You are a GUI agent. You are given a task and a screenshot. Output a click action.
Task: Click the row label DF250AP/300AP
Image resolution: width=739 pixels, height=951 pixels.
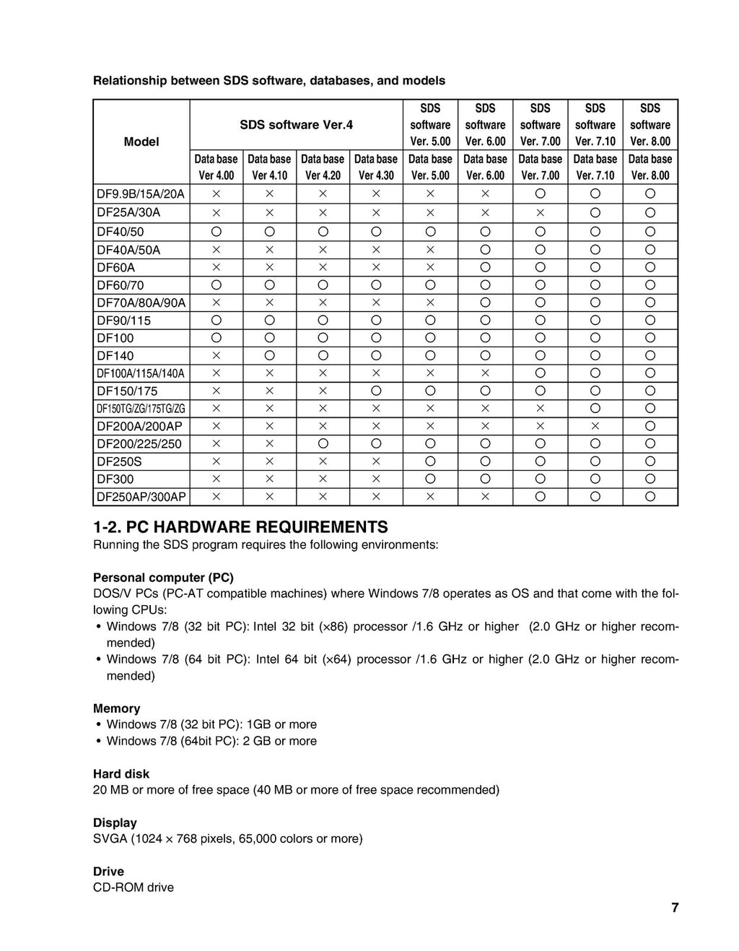(x=141, y=497)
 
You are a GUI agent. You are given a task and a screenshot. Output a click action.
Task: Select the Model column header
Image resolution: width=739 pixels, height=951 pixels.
(x=141, y=142)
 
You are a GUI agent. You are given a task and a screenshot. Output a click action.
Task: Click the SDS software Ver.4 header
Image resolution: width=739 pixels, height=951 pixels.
(x=296, y=125)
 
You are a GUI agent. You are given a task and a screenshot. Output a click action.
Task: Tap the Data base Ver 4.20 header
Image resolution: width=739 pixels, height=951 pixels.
(x=323, y=167)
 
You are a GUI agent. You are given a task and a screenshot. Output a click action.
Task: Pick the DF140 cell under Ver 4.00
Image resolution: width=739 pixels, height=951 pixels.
(x=217, y=355)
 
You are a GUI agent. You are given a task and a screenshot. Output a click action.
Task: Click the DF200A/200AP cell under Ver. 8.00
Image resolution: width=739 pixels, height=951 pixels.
(x=650, y=426)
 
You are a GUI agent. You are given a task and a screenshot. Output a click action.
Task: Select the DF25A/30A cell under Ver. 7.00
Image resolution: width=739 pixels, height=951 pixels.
(x=540, y=212)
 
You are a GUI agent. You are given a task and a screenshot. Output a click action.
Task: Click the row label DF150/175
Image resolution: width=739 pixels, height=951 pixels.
(x=127, y=391)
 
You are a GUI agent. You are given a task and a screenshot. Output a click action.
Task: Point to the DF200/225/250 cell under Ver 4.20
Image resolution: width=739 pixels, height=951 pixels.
(x=323, y=443)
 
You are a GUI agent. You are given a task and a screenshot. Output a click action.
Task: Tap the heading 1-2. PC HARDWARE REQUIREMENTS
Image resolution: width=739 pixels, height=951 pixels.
(x=240, y=526)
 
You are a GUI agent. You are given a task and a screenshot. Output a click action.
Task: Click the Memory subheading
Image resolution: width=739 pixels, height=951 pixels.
(x=116, y=708)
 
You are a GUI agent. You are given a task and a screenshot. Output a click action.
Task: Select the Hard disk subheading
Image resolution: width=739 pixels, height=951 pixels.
(x=121, y=773)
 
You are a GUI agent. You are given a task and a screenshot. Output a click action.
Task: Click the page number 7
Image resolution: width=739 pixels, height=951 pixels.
(x=675, y=908)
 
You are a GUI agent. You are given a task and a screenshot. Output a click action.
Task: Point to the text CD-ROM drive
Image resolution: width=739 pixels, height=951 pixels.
(x=134, y=887)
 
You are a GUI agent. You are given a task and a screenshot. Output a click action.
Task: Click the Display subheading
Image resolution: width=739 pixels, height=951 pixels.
(x=115, y=822)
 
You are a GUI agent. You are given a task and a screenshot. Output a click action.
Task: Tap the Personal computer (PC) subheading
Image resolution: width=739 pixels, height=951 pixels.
(x=163, y=578)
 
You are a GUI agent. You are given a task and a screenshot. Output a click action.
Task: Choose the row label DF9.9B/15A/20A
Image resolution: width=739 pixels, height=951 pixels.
(x=141, y=194)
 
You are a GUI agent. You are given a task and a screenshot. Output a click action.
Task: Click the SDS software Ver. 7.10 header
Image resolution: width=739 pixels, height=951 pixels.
(x=595, y=125)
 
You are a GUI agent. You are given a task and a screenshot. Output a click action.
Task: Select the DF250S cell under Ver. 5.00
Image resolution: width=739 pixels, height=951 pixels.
(x=430, y=461)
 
